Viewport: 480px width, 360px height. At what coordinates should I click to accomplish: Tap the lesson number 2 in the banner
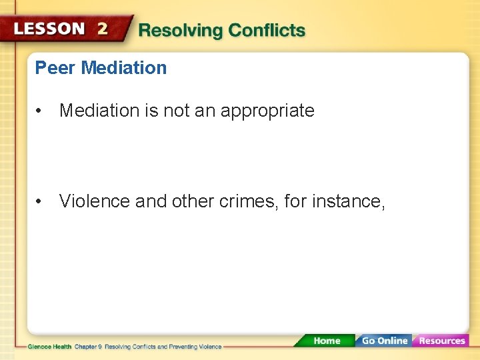point(103,29)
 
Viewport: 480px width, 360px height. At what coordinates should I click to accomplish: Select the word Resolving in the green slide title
point(179,31)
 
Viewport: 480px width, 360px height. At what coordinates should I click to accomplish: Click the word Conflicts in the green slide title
point(266,31)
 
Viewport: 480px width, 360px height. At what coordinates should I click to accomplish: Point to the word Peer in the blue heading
point(55,68)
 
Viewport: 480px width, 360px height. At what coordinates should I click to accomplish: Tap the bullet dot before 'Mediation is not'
point(41,111)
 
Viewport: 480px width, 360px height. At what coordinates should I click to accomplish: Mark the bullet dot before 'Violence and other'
point(41,201)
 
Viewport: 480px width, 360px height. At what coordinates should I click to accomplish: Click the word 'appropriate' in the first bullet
point(267,111)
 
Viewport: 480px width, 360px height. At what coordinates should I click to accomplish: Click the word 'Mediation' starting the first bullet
point(99,111)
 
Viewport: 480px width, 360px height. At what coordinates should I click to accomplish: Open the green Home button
point(326,341)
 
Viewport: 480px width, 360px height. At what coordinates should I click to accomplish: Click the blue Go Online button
point(384,341)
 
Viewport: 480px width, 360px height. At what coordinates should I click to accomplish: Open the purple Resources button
point(441,341)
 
